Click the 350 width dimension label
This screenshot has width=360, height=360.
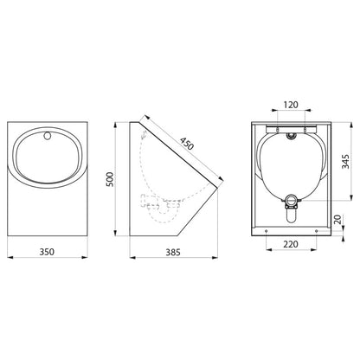[47, 252]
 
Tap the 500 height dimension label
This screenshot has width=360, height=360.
[110, 179]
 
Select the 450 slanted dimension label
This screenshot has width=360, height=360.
[187, 144]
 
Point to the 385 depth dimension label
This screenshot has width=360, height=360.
[173, 253]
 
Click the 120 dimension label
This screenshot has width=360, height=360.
[291, 105]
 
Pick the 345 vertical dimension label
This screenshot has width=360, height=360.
[345, 162]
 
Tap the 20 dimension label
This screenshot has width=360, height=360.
[337, 219]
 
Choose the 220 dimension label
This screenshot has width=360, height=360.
[291, 244]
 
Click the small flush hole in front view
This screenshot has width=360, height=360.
[48, 135]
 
